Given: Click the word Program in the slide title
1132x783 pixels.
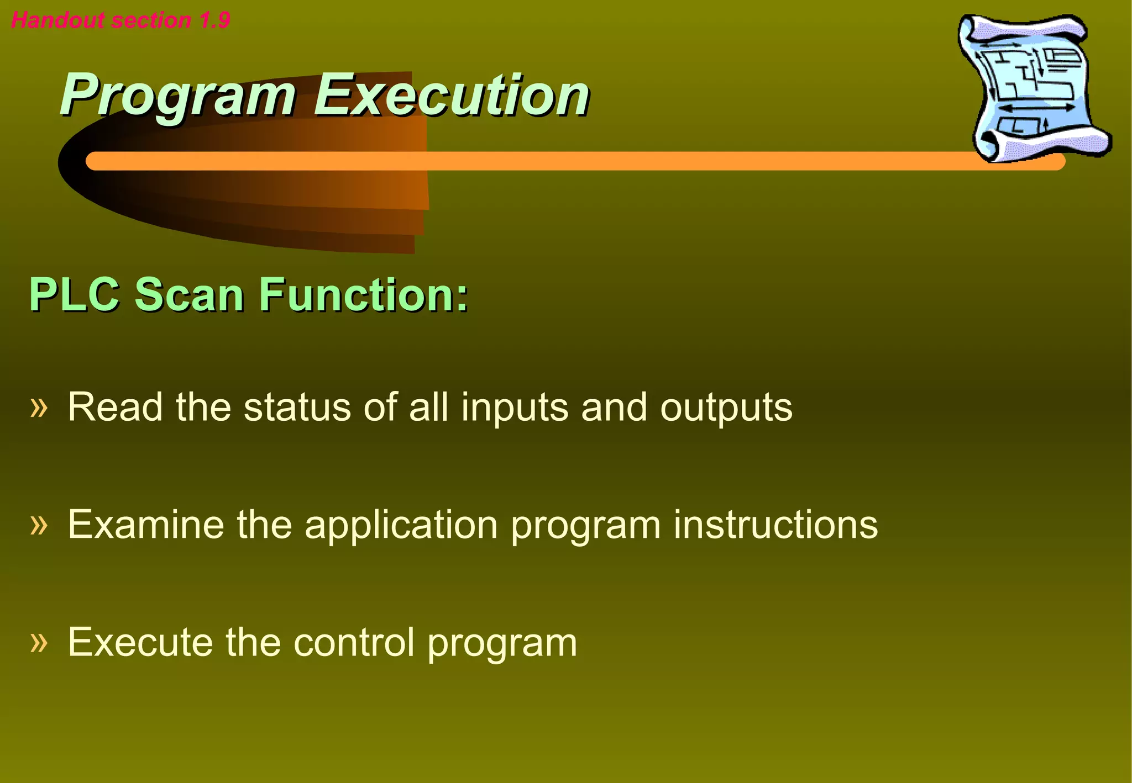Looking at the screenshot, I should point(178,97).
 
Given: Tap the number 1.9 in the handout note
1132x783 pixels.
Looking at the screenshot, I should point(214,20).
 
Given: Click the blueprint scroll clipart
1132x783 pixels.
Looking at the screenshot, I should point(1033,88).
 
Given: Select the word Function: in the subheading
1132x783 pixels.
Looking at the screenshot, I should point(364,295).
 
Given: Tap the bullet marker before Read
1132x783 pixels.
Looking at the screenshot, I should point(39,408).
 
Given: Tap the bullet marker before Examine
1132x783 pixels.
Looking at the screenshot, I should point(39,525).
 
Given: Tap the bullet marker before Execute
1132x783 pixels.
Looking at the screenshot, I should point(39,642).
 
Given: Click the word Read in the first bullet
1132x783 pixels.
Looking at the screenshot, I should point(115,408).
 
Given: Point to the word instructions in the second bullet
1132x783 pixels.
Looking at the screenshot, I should point(775,525).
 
